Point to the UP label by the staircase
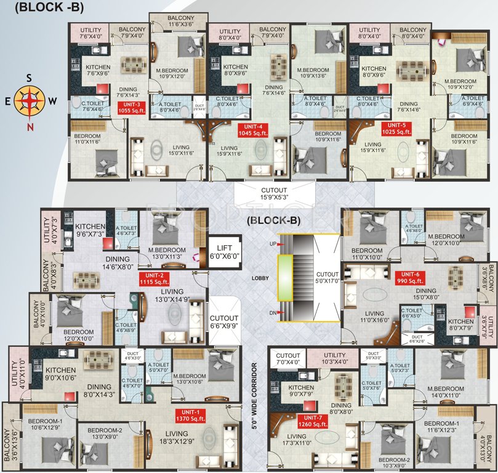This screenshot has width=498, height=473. (x=272, y=245)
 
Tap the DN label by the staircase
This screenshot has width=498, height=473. (x=272, y=313)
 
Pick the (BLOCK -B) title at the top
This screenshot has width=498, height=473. (x=42, y=7)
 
